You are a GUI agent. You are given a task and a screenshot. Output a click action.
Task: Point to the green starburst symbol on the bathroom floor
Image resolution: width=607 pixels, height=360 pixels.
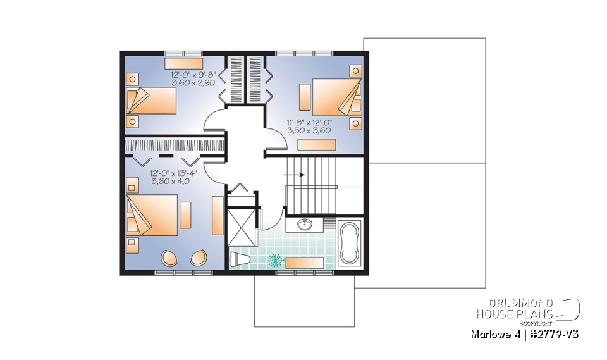click(x=275, y=259)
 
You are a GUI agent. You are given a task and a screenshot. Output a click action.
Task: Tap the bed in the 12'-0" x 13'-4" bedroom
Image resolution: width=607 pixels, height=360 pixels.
click(x=152, y=214)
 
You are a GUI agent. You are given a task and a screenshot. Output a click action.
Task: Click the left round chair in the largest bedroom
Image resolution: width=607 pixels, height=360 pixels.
click(x=170, y=258)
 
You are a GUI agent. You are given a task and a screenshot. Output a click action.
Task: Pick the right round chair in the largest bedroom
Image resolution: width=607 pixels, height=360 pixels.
click(x=198, y=258)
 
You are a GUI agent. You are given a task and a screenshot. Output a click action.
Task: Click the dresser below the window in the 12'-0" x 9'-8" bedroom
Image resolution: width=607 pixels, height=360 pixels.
click(x=182, y=63)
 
